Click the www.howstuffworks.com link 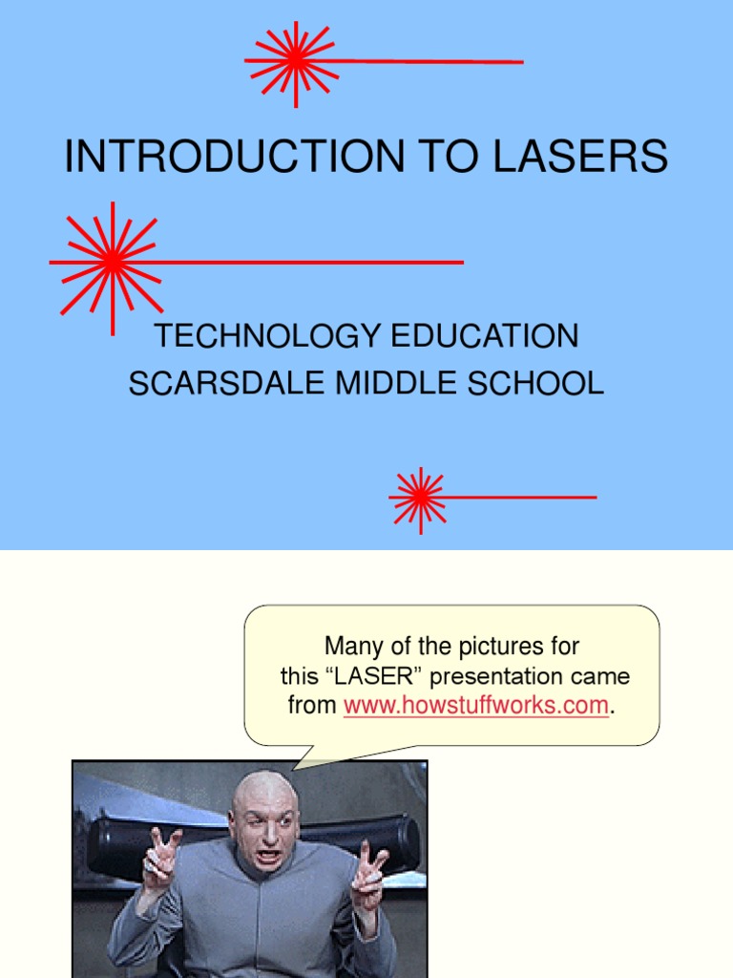point(475,706)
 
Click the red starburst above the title point(295,62)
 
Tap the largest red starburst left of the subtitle point(112,261)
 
